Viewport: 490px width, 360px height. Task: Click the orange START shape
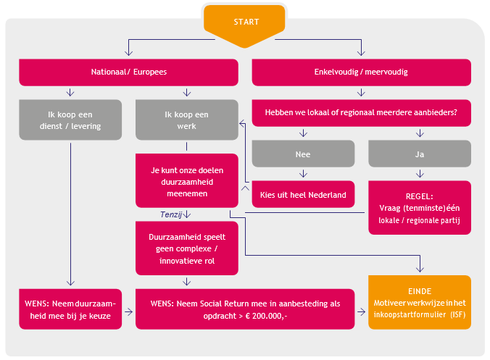(246, 22)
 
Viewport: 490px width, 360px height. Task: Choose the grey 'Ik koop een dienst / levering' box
(70, 120)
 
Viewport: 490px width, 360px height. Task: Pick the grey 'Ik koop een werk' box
(186, 120)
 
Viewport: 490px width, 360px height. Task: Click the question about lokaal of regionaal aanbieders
(361, 113)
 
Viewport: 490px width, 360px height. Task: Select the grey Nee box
(303, 154)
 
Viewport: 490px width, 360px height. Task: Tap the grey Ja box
(420, 154)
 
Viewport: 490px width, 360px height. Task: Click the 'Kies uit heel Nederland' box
(303, 194)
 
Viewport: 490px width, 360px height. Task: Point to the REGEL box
(420, 208)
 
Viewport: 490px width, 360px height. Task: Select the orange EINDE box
(420, 302)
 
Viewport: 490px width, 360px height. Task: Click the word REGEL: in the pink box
(420, 196)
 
